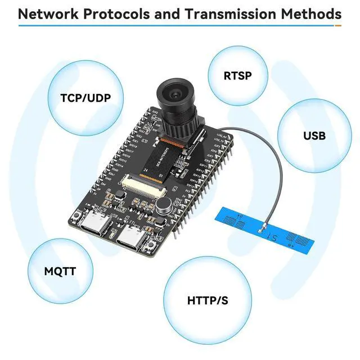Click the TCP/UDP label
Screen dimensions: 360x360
click(x=85, y=98)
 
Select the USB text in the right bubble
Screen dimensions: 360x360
click(x=314, y=136)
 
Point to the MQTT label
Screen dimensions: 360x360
click(x=60, y=272)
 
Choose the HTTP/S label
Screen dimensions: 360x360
click(x=208, y=300)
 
